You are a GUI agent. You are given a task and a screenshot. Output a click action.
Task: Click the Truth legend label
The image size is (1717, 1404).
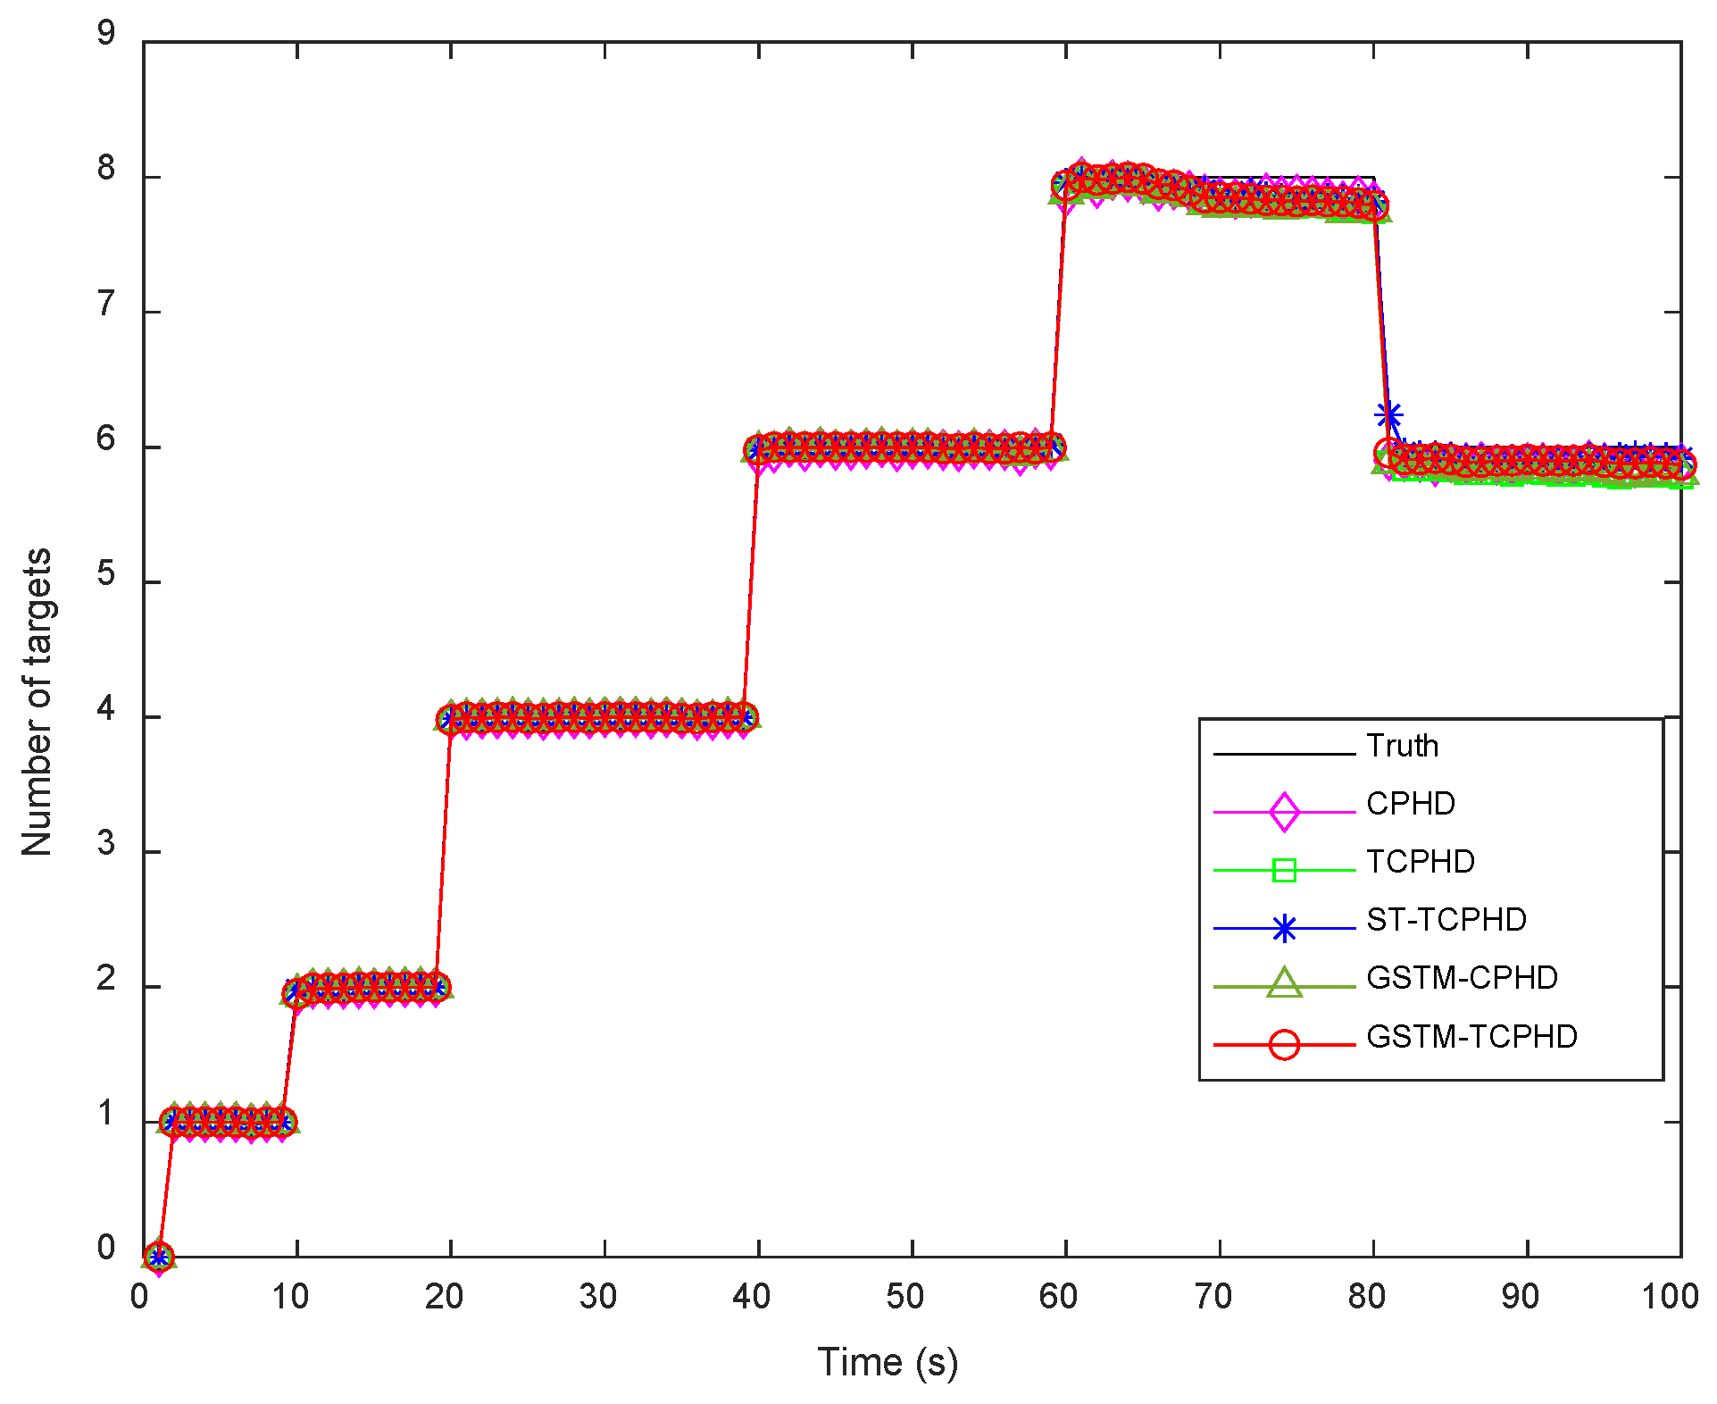[x=1402, y=746]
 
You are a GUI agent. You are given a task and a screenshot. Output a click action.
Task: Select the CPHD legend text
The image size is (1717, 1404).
[x=1410, y=804]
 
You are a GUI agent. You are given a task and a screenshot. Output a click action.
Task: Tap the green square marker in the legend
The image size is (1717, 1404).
[x=1283, y=870]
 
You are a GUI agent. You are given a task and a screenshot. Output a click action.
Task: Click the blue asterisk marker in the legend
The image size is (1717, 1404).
[x=1283, y=929]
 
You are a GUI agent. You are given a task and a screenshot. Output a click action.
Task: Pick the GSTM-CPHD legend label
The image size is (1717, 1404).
[x=1461, y=978]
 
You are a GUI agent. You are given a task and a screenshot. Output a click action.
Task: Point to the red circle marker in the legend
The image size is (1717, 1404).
[x=1283, y=1044]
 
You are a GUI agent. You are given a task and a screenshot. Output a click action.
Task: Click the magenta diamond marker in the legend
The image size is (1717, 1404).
[x=1283, y=812]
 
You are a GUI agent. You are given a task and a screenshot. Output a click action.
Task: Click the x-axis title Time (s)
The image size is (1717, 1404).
[x=887, y=1363]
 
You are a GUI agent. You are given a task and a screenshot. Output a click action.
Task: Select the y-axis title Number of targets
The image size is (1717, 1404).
[x=37, y=702]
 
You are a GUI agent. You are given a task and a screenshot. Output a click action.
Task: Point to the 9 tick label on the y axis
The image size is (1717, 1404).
[x=106, y=34]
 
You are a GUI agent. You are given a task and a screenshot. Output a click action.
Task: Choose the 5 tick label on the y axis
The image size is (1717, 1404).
[x=106, y=574]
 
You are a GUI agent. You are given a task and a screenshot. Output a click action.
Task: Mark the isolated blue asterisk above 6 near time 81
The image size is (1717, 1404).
[x=1388, y=416]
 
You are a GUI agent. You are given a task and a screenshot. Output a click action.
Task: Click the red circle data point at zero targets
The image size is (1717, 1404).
[x=158, y=1257]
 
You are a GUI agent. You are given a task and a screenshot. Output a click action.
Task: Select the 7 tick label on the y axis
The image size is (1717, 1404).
[x=106, y=305]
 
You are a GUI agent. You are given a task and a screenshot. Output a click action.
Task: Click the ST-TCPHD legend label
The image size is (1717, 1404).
[x=1446, y=920]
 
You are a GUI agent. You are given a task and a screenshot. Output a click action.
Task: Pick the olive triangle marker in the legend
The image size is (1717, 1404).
[x=1283, y=983]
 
